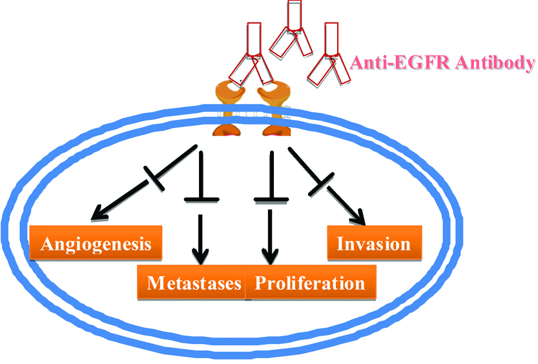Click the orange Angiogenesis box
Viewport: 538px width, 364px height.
tap(96, 243)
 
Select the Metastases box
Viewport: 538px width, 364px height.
tap(192, 283)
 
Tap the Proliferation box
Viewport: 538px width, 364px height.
tap(310, 283)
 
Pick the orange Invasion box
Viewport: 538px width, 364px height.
tap(374, 243)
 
